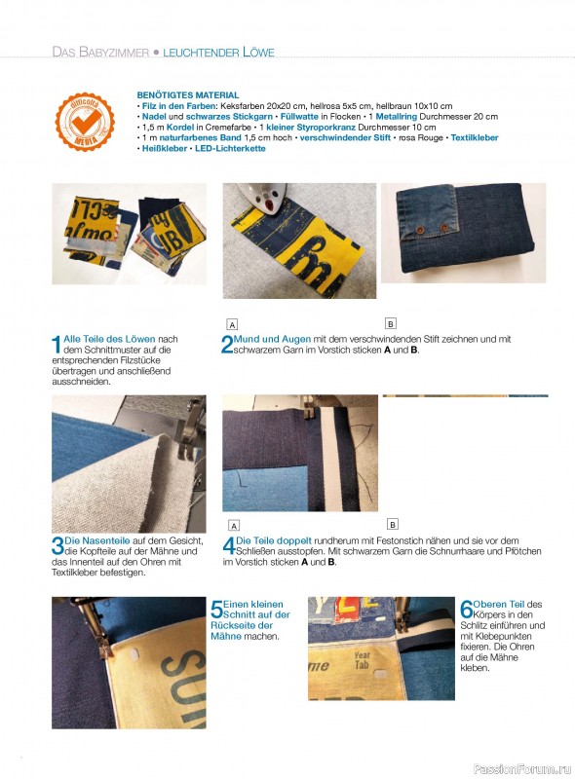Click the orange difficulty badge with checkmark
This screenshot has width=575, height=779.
tap(85, 122)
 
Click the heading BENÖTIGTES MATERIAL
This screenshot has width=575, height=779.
tap(188, 94)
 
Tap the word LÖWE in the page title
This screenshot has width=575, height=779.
tap(258, 53)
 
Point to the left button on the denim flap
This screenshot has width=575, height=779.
tap(420, 230)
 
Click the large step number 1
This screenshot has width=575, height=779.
tap(57, 345)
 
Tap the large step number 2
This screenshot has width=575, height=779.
tap(227, 345)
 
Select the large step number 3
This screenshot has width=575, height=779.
tap(57, 546)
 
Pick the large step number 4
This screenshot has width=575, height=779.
tap(229, 546)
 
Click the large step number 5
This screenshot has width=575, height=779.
tap(216, 610)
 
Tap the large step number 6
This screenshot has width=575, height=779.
tap(466, 610)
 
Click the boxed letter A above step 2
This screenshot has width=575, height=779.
tap(232, 325)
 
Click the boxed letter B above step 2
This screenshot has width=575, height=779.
tap(391, 324)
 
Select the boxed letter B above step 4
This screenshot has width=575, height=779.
tap(392, 525)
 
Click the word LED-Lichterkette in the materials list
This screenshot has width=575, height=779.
tap(230, 148)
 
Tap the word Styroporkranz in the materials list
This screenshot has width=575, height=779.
tap(326, 128)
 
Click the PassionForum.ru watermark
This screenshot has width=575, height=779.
tap(522, 768)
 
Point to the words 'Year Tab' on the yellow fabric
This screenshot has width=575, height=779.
tap(363, 660)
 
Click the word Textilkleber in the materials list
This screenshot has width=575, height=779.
tap(475, 137)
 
